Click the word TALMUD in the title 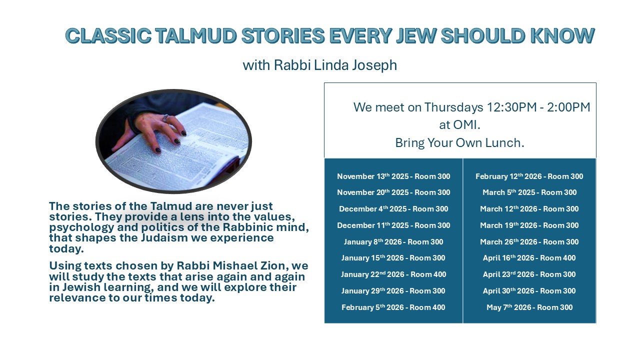pos(196,36)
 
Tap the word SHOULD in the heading pos(483,36)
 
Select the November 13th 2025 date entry pos(393,176)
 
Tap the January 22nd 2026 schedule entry pos(393,274)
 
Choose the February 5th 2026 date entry pos(393,307)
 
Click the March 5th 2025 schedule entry pos(529,192)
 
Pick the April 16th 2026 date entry pos(529,257)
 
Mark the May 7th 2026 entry pos(529,307)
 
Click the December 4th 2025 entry pos(393,209)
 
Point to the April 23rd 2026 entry pos(529,274)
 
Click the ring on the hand pos(165,117)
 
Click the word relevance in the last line pos(77,297)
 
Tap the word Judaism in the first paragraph pos(164,237)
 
